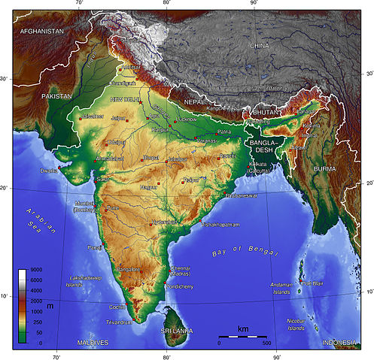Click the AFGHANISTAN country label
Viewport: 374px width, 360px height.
click(x=41, y=32)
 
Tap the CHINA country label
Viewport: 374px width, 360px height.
click(x=259, y=46)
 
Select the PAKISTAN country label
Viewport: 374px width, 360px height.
click(x=57, y=96)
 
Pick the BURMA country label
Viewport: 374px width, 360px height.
click(x=326, y=169)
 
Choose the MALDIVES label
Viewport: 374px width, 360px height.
click(x=93, y=343)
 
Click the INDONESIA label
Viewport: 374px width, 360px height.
click(x=339, y=343)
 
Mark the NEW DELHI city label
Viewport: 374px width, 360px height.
click(x=126, y=99)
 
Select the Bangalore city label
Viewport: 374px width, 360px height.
click(x=129, y=268)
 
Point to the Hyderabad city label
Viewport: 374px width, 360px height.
click(x=165, y=222)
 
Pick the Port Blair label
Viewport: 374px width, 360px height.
click(x=312, y=283)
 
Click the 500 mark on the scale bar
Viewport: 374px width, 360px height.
click(x=266, y=343)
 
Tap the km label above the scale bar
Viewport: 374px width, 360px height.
click(x=242, y=329)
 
